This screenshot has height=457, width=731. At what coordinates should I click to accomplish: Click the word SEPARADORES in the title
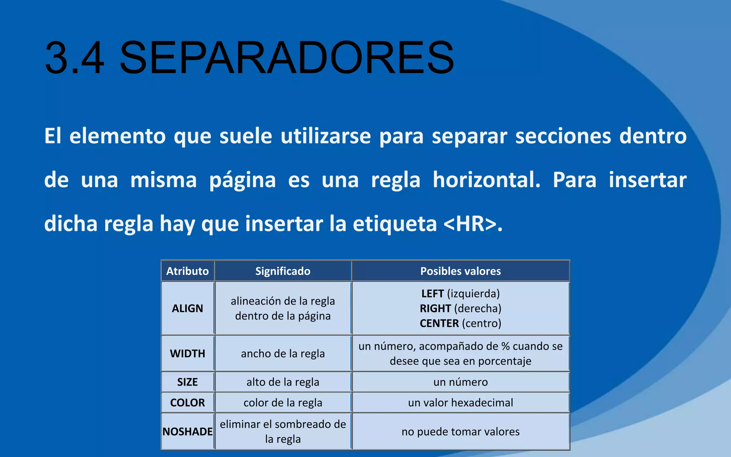click(x=287, y=58)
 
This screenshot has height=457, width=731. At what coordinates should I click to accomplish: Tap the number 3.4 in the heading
click(x=75, y=58)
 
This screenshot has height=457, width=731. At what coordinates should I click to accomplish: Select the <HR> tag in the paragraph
click(x=470, y=224)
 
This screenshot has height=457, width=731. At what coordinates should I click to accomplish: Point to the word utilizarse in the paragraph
click(x=326, y=136)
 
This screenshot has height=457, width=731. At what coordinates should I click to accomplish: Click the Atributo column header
click(x=187, y=271)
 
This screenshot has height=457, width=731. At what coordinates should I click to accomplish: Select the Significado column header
click(x=283, y=271)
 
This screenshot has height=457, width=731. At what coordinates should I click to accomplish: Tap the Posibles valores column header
click(x=460, y=271)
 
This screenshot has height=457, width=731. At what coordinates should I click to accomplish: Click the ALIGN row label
click(x=187, y=308)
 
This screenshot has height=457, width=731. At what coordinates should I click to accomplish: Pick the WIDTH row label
click(x=187, y=354)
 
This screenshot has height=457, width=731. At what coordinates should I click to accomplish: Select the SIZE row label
click(x=187, y=382)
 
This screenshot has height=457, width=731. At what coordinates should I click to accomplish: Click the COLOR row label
click(x=187, y=403)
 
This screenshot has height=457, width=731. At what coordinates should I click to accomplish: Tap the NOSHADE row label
click(x=187, y=432)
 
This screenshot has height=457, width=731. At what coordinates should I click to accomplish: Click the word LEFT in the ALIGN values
click(x=432, y=294)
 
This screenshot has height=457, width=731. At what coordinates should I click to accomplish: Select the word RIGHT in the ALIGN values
click(x=435, y=308)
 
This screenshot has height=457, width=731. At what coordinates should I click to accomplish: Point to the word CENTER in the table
click(x=439, y=323)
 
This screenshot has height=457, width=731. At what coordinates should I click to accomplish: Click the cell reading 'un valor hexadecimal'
click(x=460, y=403)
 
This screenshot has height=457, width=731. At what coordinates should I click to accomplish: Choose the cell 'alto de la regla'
click(x=283, y=382)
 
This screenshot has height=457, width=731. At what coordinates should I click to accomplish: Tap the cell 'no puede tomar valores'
click(x=460, y=432)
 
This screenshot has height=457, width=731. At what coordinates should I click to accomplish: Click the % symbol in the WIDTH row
click(x=505, y=346)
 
